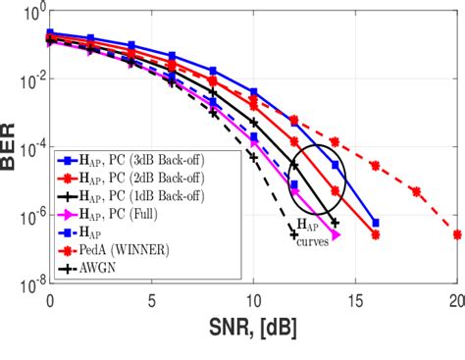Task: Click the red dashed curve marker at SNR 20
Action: tap(457, 234)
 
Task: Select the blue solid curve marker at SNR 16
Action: tap(376, 223)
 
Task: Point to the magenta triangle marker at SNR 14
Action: tap(336, 235)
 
